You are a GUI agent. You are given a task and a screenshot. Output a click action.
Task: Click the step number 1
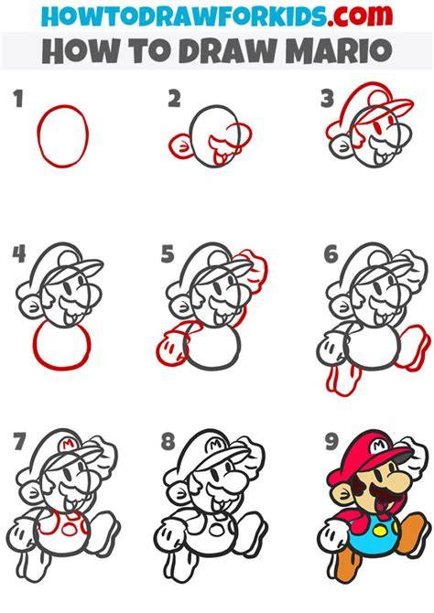[18, 99]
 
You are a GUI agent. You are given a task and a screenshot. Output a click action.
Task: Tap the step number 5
[168, 254]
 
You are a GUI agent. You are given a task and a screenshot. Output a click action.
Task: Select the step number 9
[331, 442]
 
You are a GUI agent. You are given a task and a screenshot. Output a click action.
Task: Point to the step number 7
[19, 441]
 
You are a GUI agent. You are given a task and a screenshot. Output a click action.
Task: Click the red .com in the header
[360, 15]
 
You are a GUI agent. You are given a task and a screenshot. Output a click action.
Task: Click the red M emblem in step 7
[68, 444]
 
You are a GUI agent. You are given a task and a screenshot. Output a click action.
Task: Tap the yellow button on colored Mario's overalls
[380, 531]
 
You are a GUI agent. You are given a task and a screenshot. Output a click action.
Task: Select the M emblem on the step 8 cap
[215, 445]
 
